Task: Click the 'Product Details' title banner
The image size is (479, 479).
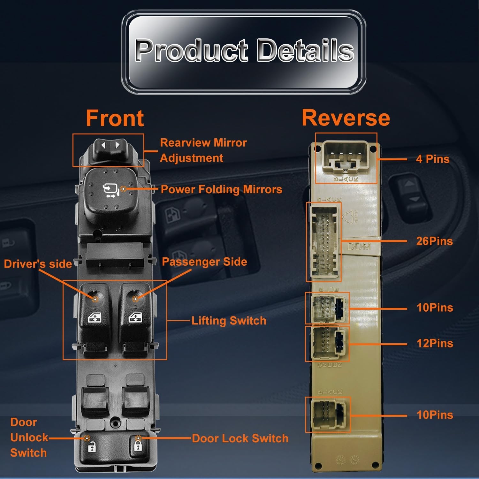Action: (x=244, y=52)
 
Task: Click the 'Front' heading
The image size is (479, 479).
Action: (x=115, y=118)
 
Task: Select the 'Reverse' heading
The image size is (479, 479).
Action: (x=346, y=118)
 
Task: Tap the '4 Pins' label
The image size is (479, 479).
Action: (x=433, y=159)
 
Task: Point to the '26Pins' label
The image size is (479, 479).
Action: (x=434, y=241)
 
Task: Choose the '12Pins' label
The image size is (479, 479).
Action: (x=435, y=343)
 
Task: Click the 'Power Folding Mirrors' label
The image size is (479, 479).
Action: (x=221, y=189)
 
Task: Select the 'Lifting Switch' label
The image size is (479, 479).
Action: (x=229, y=321)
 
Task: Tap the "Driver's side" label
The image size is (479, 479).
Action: (x=38, y=264)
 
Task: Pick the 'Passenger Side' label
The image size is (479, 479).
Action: (x=204, y=262)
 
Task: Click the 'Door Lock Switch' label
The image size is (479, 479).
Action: (x=240, y=438)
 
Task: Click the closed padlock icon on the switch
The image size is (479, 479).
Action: (x=138, y=445)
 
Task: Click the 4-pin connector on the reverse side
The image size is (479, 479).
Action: (x=346, y=157)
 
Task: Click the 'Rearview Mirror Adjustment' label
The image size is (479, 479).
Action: (x=203, y=150)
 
